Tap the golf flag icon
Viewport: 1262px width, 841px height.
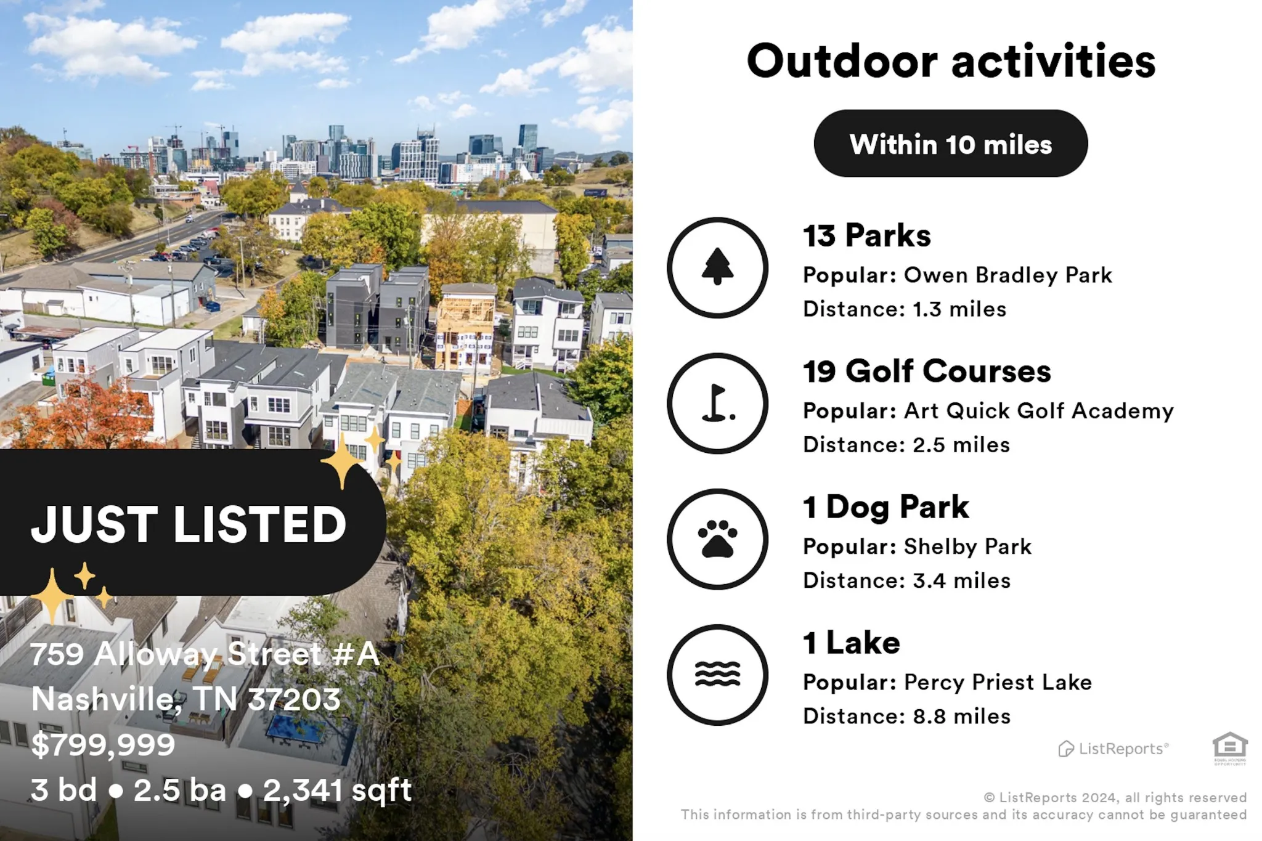point(717,404)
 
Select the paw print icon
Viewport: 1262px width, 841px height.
point(717,539)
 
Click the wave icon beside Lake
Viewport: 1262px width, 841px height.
point(717,675)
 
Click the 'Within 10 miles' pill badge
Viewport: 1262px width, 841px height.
point(951,144)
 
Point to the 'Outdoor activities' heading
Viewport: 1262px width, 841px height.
point(951,61)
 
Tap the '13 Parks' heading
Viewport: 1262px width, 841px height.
point(866,235)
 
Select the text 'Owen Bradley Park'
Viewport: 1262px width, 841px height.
point(1008,275)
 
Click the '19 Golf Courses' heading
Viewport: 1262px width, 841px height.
point(927,371)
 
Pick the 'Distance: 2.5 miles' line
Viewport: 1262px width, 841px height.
point(906,445)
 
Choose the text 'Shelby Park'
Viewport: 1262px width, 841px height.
point(967,547)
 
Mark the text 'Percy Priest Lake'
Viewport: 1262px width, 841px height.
point(998,683)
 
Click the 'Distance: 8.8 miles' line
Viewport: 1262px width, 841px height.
point(906,716)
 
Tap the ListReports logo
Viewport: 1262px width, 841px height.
point(1113,749)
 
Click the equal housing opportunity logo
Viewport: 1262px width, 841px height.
point(1230,748)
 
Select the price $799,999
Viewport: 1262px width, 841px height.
point(103,745)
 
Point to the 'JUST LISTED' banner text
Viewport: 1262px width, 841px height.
point(189,525)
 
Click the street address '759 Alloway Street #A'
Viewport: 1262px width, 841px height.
point(205,654)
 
